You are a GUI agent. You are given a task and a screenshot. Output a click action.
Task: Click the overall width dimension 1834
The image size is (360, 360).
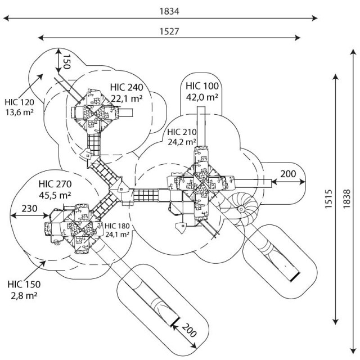(169, 11)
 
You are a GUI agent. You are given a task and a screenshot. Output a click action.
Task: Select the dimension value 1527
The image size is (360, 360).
(169, 31)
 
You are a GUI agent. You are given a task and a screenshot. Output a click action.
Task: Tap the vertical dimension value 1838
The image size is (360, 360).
(346, 199)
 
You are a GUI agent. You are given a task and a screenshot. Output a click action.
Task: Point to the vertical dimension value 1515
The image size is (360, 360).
(328, 199)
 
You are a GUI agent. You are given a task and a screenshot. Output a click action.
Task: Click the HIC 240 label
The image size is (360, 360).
(127, 87)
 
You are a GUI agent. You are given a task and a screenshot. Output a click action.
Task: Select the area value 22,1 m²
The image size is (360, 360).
(127, 98)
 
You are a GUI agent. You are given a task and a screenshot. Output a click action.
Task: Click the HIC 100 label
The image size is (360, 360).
(202, 86)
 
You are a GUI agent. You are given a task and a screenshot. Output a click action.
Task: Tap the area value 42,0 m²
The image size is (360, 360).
(202, 97)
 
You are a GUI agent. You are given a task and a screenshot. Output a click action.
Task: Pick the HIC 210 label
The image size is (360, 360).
(182, 132)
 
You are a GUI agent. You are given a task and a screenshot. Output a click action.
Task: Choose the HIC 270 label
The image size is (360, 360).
(55, 184)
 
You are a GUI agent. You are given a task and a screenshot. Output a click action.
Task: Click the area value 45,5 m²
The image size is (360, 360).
(55, 195)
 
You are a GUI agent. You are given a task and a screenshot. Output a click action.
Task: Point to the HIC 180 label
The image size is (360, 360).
(117, 226)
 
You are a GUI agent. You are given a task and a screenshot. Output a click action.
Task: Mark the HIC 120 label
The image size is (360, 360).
(20, 102)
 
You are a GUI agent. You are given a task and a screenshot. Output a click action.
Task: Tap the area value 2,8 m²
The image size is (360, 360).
(24, 295)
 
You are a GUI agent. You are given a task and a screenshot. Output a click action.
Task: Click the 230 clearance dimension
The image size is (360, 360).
(29, 209)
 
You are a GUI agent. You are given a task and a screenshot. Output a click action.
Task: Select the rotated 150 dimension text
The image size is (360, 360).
(66, 61)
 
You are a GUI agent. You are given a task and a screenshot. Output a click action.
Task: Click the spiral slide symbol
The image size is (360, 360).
(241, 209)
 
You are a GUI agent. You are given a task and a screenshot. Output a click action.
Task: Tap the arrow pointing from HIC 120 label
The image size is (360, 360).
(31, 85)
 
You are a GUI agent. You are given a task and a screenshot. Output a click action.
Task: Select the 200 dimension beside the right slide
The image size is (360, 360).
(288, 174)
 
